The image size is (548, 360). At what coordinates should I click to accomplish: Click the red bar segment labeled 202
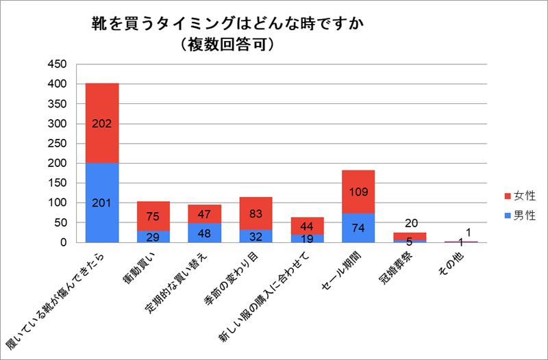pyautogui.click(x=101, y=123)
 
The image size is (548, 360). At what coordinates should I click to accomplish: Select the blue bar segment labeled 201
pyautogui.click(x=101, y=203)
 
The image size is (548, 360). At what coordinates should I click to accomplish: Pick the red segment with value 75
pyautogui.click(x=153, y=216)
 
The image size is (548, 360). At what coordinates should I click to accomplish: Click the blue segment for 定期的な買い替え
pyautogui.click(x=204, y=233)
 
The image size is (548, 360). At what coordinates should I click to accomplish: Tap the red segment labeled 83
pyautogui.click(x=256, y=214)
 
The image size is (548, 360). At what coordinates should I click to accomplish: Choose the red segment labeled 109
pyautogui.click(x=358, y=192)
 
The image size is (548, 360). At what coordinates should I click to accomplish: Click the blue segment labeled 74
pyautogui.click(x=358, y=228)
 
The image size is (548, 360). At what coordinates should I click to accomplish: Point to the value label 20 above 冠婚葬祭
pyautogui.click(x=410, y=222)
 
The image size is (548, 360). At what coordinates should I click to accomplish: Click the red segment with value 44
pyautogui.click(x=307, y=226)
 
